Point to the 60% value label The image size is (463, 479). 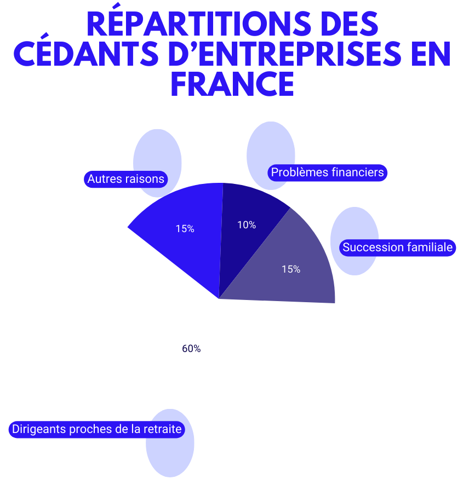click(191, 349)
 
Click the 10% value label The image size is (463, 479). click(247, 225)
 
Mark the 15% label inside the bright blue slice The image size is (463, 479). click(185, 229)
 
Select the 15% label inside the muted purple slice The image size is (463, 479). click(291, 269)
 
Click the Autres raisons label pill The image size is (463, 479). click(126, 179)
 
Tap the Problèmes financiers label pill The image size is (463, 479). click(328, 172)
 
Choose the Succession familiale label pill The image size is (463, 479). click(398, 247)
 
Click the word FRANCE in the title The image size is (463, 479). click(232, 84)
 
